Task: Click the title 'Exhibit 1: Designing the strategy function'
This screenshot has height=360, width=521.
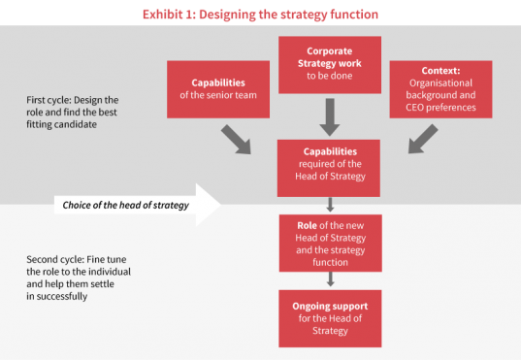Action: tap(261, 14)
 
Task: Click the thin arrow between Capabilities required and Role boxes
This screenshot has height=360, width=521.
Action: tap(329, 204)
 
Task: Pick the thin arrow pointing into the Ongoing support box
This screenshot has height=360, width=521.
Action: tap(329, 278)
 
